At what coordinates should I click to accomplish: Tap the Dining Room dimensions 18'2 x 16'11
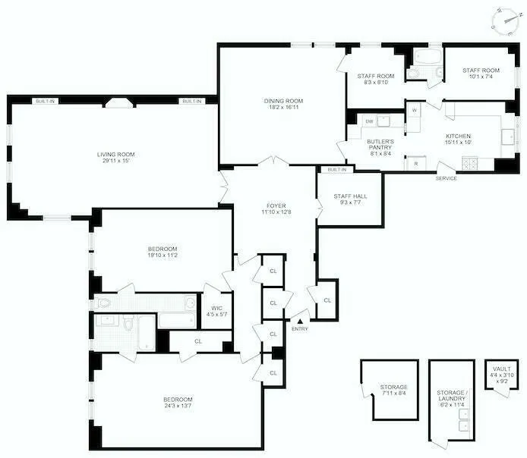(283, 108)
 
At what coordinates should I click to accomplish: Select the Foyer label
(276, 205)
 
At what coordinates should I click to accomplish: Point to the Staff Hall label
(350, 196)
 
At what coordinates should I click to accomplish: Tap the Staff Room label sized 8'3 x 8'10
(376, 76)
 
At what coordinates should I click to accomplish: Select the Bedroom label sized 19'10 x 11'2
(163, 249)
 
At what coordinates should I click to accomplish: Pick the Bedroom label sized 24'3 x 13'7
(178, 399)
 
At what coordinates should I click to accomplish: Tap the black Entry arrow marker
(299, 322)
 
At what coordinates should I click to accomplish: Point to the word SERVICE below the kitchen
(446, 178)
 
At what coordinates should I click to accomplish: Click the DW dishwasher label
(369, 121)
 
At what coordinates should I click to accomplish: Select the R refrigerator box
(415, 163)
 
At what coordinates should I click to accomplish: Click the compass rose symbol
(504, 21)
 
